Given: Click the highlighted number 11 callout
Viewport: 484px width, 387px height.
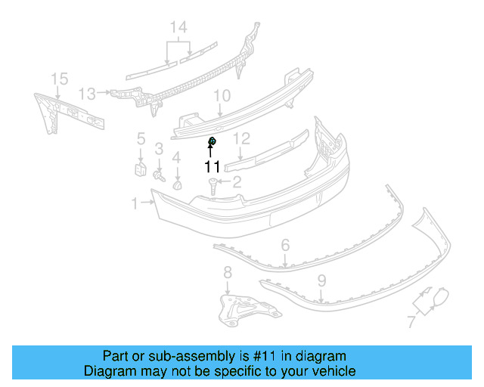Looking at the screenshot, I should [211, 166].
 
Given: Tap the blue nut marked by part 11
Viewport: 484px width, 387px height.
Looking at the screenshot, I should [213, 141].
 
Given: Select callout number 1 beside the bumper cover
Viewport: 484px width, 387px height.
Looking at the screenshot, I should [135, 203].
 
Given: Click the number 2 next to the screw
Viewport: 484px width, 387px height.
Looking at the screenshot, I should [236, 181].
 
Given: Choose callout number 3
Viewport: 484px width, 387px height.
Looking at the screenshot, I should [159, 147].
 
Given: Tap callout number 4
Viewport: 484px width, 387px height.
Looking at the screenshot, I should [176, 157].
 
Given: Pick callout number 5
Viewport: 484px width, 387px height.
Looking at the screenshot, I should [141, 138].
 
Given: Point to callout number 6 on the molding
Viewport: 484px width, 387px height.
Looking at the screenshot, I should [285, 245].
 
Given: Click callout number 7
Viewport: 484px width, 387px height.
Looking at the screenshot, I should [411, 322].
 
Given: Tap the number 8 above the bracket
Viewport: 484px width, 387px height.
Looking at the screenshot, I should [227, 272].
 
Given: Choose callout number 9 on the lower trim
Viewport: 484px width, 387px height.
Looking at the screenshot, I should [321, 280].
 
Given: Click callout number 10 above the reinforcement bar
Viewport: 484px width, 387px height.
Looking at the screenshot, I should [221, 96].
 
